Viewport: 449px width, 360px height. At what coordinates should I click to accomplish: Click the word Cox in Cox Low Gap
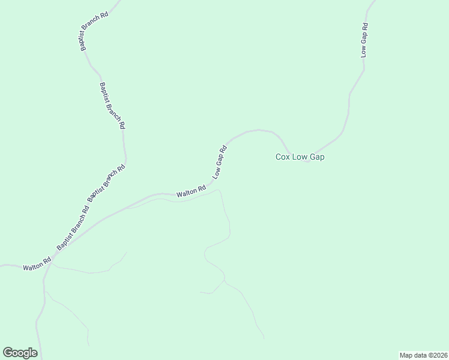(283, 157)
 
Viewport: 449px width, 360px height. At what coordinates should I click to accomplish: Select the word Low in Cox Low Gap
(300, 157)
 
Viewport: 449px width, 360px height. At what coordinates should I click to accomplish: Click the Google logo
(20, 353)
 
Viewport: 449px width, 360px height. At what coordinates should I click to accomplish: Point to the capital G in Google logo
(7, 352)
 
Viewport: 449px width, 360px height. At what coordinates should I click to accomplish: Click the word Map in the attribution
(406, 355)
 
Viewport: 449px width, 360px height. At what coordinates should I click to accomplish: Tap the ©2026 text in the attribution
(437, 355)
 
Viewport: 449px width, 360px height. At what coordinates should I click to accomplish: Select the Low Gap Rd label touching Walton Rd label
(219, 162)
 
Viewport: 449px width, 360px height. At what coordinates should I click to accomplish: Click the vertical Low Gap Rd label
(364, 40)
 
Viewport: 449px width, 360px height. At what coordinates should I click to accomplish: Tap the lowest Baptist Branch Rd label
(73, 228)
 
